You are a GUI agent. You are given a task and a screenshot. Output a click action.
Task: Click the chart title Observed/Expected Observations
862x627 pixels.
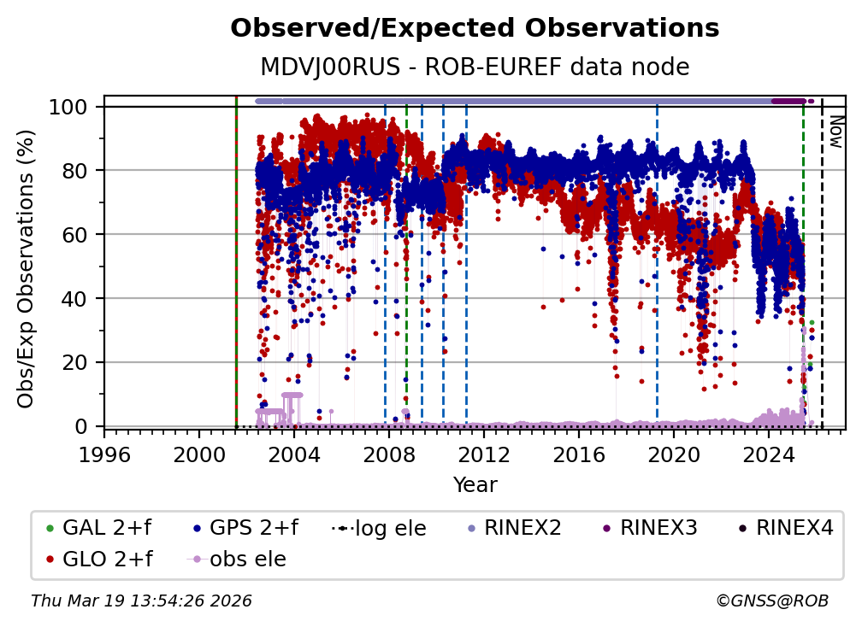[x=475, y=28]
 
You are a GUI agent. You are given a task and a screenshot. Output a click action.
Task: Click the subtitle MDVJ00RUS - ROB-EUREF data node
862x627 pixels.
[x=475, y=67]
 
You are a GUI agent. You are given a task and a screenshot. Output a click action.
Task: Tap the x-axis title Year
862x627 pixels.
[x=475, y=485]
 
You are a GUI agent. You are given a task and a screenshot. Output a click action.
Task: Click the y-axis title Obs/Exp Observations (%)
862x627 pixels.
[x=27, y=268]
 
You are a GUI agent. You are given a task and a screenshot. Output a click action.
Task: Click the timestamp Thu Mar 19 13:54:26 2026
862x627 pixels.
[x=141, y=601]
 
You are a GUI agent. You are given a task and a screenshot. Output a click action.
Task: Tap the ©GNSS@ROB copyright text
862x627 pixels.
[x=772, y=601]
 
